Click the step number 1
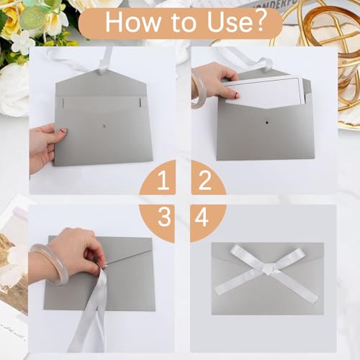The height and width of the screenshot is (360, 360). pos(163,181)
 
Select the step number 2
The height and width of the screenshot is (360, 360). pos(204,181)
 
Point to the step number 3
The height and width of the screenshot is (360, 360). pos(164,217)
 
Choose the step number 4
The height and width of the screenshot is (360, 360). pos(202,217)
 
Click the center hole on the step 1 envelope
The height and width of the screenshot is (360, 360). pos(104,126)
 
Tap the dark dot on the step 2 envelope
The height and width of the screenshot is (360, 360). pos(266,122)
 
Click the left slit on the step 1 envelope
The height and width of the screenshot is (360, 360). pos(63,102)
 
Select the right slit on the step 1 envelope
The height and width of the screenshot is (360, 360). pos(140,102)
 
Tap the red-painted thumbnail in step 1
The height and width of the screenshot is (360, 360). pos(63,131)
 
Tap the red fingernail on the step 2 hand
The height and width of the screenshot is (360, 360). pos(237,95)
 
